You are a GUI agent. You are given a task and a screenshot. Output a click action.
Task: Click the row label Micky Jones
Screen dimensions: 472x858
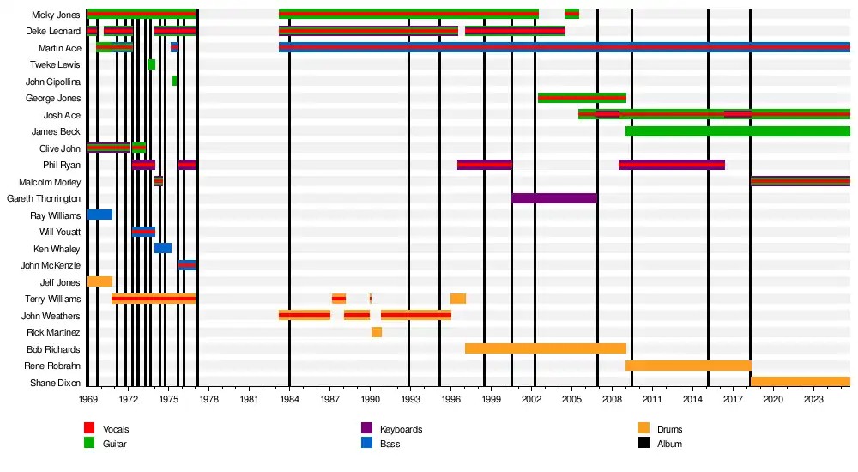[57, 15]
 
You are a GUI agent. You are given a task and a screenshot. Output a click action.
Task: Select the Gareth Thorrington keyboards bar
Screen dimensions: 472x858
[554, 198]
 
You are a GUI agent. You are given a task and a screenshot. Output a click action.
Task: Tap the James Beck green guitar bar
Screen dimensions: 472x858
[738, 131]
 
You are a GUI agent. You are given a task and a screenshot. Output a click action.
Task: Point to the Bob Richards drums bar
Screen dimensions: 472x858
[546, 348]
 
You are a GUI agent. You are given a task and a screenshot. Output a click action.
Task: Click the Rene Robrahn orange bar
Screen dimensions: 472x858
[688, 366]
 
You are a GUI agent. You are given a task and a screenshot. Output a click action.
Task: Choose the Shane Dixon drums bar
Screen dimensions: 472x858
[801, 382]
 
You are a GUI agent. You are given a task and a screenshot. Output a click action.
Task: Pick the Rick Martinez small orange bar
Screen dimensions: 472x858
[377, 332]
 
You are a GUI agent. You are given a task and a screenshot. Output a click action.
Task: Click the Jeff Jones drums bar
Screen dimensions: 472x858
[100, 281]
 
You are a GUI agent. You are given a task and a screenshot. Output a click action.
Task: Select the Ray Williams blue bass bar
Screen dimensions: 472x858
[100, 215]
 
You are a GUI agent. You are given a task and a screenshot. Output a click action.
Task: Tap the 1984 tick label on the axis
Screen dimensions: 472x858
[289, 399]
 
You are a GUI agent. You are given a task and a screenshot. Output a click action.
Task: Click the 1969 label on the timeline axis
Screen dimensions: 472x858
[88, 399]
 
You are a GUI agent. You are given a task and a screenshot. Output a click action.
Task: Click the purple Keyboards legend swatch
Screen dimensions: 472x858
[366, 428]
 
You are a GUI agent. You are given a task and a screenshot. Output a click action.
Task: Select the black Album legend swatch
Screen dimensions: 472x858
[643, 443]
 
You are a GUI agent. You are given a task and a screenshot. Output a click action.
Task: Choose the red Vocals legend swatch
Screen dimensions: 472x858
[89, 428]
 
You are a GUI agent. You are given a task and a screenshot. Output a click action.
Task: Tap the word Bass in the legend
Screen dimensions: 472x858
[390, 444]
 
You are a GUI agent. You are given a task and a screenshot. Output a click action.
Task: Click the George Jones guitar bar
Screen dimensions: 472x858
[582, 98]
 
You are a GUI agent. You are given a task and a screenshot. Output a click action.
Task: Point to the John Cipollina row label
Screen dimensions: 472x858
[53, 82]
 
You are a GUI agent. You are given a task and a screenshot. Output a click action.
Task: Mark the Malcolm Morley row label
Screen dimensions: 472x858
[50, 182]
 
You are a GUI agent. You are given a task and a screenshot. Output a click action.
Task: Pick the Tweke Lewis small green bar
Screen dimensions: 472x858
[151, 64]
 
